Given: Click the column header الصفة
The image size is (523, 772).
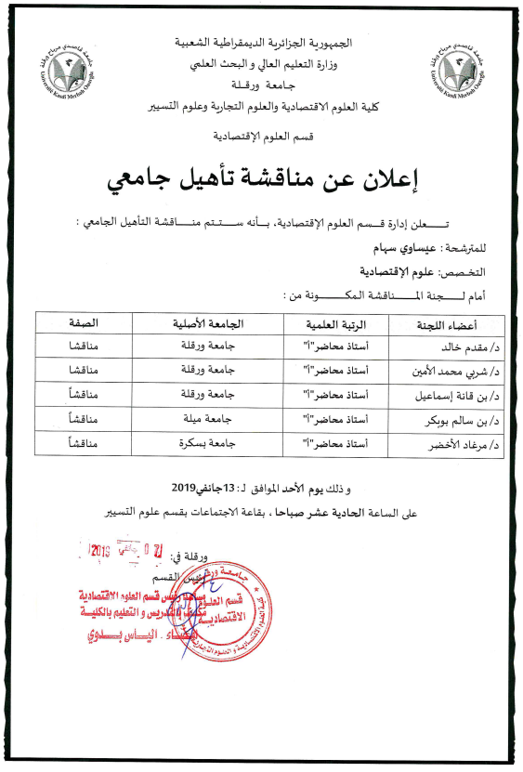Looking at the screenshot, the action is tap(85, 324).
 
